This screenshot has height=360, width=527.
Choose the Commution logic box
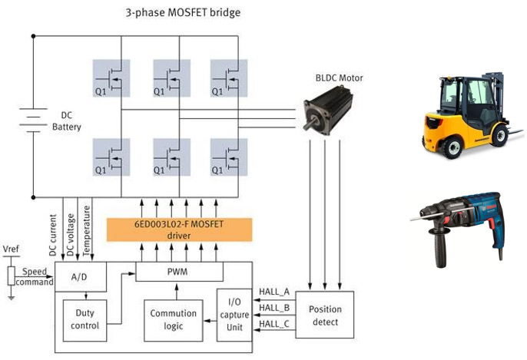coord(173,319)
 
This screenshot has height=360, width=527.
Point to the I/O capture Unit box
coord(234,314)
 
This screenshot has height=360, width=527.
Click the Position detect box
coord(324,315)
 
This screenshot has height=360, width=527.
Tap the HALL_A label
coord(274,292)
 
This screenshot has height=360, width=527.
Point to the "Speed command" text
coord(37,276)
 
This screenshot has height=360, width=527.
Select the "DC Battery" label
coord(66,121)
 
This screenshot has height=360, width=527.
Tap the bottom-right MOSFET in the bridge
coord(230,157)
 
